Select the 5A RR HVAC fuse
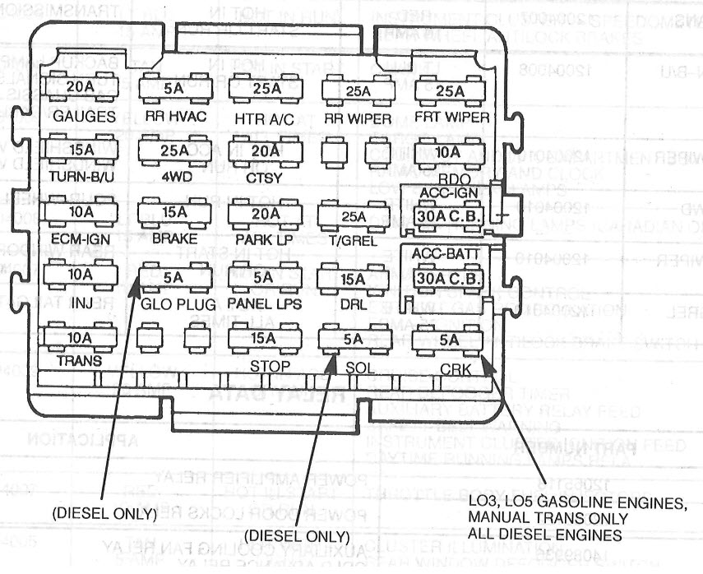pos(173,87)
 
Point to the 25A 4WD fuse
pos(173,150)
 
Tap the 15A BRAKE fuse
pos(173,213)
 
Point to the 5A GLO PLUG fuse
pos(173,277)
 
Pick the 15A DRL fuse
pos(354,279)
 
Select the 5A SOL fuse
pos(354,339)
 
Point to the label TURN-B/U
pos(81,176)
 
